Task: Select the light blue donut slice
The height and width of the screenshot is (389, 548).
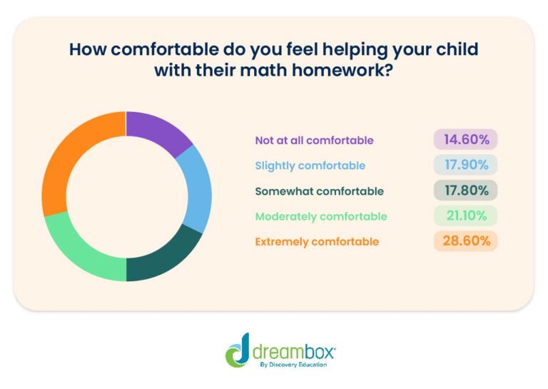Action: (x=197, y=188)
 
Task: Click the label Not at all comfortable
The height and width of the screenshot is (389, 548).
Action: (x=314, y=140)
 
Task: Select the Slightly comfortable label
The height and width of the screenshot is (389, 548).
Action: (x=310, y=166)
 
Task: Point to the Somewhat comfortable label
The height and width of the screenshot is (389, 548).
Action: (x=319, y=191)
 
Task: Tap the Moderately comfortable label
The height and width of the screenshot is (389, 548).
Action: (x=320, y=216)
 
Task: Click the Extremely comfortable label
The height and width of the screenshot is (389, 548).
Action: (x=317, y=242)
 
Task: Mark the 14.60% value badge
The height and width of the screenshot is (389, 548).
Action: (x=465, y=139)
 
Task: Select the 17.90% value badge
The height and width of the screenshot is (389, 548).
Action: (x=465, y=165)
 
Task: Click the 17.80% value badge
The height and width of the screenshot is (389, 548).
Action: (x=465, y=191)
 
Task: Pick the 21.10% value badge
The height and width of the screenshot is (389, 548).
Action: (x=465, y=216)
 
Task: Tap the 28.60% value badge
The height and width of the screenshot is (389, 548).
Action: (x=465, y=241)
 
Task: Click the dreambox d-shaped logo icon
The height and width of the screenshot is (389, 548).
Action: (x=238, y=350)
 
